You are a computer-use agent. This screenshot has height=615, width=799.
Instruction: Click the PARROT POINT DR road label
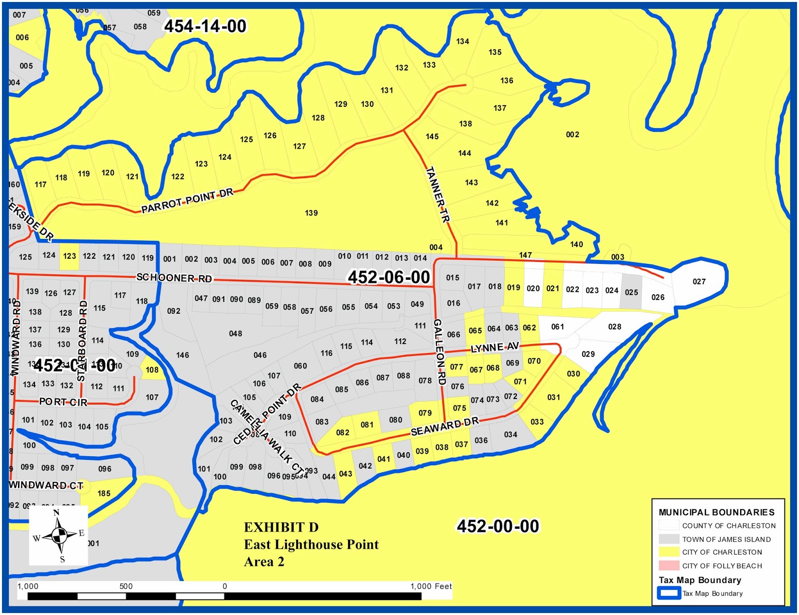point(187,200)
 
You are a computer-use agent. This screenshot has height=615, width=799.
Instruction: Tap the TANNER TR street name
point(438,194)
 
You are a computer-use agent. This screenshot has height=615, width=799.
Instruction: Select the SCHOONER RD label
point(174,278)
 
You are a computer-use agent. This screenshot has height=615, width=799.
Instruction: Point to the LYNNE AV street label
point(495,347)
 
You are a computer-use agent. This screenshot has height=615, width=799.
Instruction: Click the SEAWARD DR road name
point(444,426)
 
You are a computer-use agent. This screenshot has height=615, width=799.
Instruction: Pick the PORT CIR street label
point(63,402)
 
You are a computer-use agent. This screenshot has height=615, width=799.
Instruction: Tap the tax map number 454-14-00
point(205,26)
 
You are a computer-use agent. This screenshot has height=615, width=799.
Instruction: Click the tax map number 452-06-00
point(389,277)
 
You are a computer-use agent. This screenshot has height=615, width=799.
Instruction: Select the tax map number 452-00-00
point(498,526)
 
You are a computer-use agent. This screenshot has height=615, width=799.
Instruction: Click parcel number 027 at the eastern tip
point(699,281)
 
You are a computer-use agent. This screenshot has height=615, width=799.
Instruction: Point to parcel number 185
point(104,493)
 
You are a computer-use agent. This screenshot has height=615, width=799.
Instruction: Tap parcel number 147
point(525,255)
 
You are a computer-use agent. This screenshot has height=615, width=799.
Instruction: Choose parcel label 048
point(236,333)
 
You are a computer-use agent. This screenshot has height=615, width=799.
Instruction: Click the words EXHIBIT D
point(281,527)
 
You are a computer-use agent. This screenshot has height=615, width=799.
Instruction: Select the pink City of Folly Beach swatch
point(669,566)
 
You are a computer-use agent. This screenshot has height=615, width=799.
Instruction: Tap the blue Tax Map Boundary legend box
point(669,593)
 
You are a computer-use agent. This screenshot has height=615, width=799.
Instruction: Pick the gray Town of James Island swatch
point(669,539)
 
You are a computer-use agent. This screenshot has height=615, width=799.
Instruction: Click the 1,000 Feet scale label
point(431,586)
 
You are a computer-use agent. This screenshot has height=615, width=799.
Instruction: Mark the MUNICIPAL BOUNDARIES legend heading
point(716,512)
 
